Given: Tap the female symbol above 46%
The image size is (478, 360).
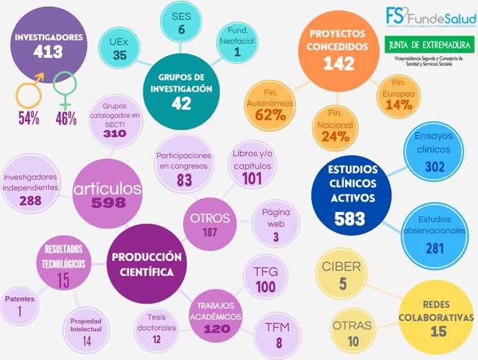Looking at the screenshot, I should [65, 89].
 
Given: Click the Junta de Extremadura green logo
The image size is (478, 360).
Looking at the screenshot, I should [429, 46].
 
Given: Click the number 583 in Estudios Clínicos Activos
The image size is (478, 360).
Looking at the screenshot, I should [349, 219].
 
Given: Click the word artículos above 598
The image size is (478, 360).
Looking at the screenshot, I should [109, 189].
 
